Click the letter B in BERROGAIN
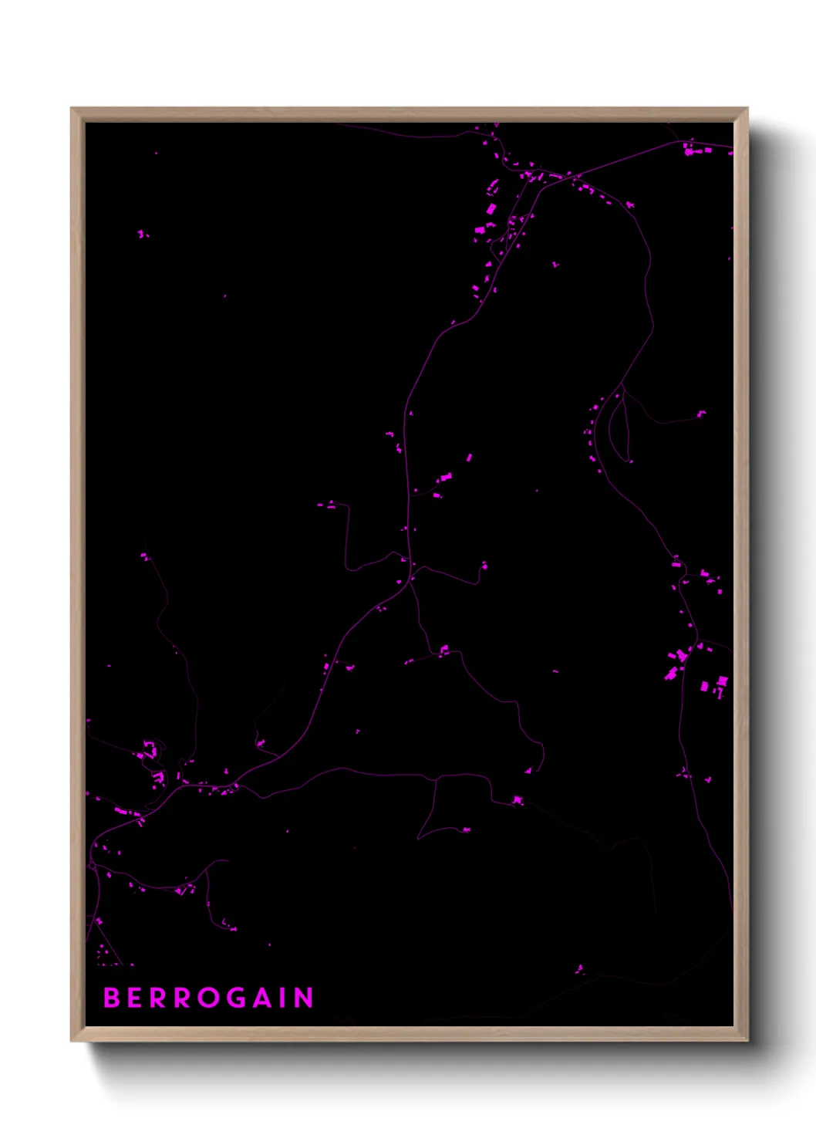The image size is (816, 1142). (x=112, y=998)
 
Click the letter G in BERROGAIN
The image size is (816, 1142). (x=238, y=998)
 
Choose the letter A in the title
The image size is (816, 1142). (x=264, y=998)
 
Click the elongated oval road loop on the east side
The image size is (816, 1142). (x=619, y=428)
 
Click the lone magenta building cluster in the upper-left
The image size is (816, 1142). (x=143, y=233)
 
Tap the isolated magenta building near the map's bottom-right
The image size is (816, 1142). (x=580, y=969)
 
